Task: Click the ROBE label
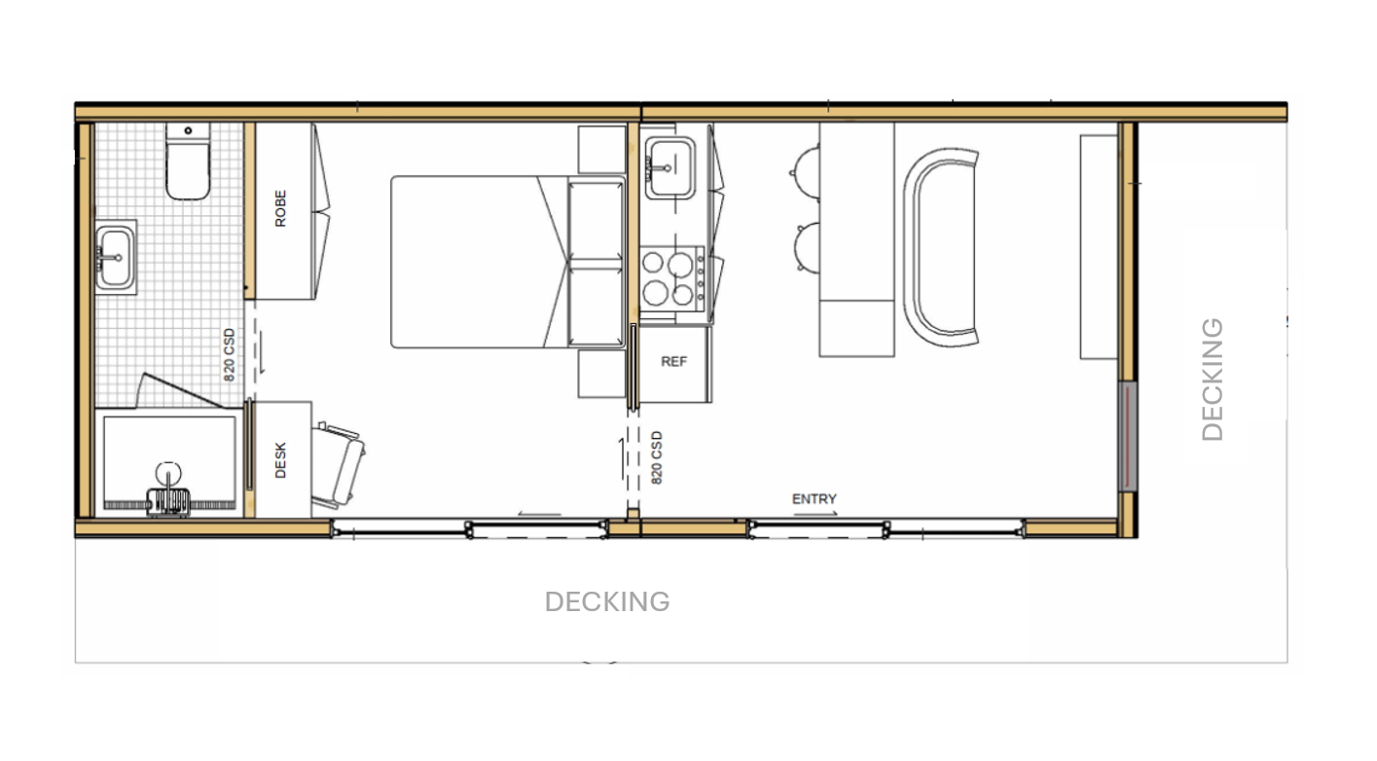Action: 280,208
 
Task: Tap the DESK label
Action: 280,460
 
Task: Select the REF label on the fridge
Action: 673,361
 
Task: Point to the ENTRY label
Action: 814,498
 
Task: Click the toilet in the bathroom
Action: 188,161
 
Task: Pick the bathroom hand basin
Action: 116,257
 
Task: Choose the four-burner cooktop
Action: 671,278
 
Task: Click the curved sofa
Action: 940,247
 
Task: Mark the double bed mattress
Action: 508,262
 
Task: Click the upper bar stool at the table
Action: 806,172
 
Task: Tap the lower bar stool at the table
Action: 807,246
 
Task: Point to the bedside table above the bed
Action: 601,149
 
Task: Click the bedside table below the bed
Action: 601,374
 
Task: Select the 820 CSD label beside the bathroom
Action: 230,354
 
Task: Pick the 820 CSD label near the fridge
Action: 657,457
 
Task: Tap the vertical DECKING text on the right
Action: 1213,380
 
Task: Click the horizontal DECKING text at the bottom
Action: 607,601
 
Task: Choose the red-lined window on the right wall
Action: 1128,436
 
